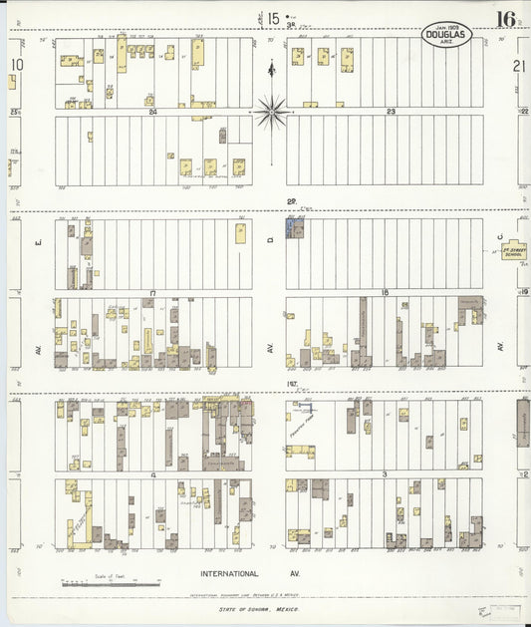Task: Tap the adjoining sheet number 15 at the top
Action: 273,18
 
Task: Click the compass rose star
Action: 271,112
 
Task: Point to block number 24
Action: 152,112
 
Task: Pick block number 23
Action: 392,112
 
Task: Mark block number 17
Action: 152,293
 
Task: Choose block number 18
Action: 385,293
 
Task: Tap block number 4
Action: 152,474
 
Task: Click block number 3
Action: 385,474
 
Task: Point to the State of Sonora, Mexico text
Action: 258,608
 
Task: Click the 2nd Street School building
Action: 513,251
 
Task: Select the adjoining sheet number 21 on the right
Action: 519,65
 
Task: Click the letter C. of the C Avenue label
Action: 500,236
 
